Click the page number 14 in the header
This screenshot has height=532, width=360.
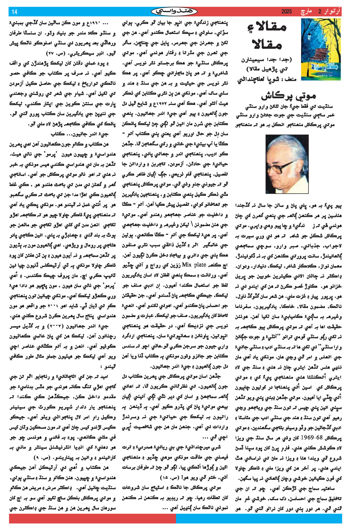click(x=15, y=12)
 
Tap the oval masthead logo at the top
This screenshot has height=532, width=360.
click(x=174, y=12)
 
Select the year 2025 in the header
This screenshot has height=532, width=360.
click(x=286, y=12)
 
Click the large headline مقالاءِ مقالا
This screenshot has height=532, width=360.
click(x=267, y=37)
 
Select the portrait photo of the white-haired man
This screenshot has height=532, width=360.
click(x=287, y=164)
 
